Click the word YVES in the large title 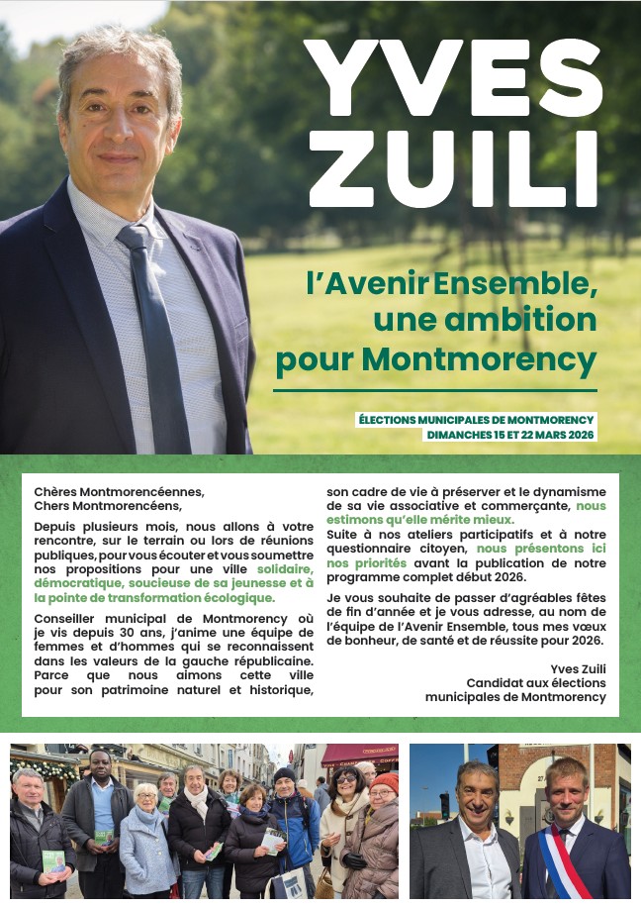[x=451, y=79]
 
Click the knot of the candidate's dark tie [x=134, y=238]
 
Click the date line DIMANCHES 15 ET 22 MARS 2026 [x=510, y=435]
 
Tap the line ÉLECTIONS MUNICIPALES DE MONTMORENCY [x=477, y=420]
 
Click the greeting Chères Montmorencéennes [x=119, y=491]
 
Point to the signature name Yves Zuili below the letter [x=578, y=668]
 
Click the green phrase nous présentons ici [x=541, y=548]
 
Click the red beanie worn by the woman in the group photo [x=385, y=781]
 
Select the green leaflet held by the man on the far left [x=53, y=859]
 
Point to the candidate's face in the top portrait [x=118, y=129]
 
